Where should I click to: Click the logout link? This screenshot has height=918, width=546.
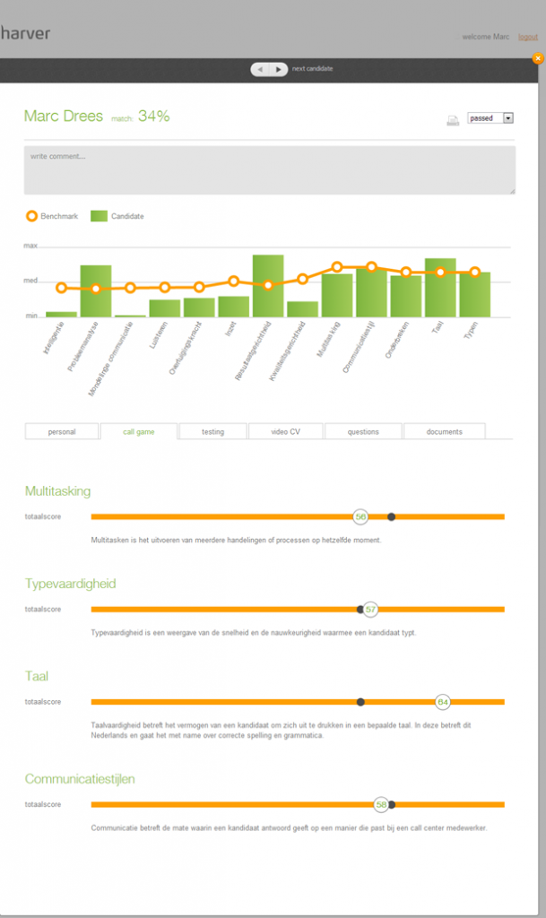tap(527, 37)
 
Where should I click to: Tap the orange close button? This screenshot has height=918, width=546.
tap(537, 58)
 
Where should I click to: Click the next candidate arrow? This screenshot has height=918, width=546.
tap(279, 69)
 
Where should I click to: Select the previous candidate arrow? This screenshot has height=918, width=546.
tap(260, 69)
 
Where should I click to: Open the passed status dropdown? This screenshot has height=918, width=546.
tap(490, 117)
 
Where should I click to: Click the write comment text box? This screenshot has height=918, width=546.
tap(269, 170)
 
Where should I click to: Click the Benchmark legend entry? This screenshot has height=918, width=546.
tap(53, 216)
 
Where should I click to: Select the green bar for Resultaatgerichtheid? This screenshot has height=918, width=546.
tap(267, 286)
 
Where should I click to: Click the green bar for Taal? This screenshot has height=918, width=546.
tap(440, 288)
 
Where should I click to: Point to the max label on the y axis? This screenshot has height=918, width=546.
tap(30, 246)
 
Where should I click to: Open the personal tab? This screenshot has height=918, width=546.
tap(61, 431)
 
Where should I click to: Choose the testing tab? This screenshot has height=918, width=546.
tap(212, 431)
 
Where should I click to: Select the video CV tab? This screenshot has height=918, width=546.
tap(285, 431)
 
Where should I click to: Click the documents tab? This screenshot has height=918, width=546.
tap(444, 431)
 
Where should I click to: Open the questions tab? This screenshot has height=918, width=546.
tap(362, 431)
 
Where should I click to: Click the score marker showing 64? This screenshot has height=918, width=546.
tap(442, 702)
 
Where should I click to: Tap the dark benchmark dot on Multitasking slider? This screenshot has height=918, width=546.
tap(391, 516)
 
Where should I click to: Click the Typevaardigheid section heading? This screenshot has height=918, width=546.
tap(70, 584)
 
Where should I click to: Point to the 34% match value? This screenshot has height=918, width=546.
tap(153, 116)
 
